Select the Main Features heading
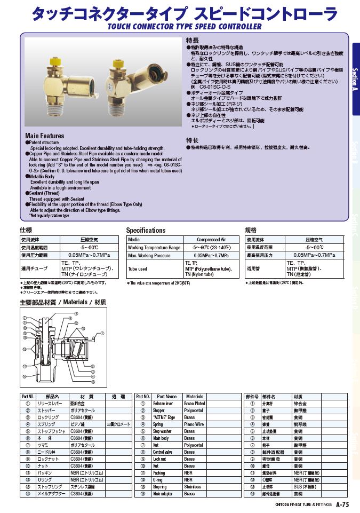coord(45,136)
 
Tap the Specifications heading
coord(146,231)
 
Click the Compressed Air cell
coord(211,240)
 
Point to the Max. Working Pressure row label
coord(149,255)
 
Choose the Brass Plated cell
coord(195,404)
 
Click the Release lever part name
coord(163,404)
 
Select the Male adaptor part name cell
coord(164,494)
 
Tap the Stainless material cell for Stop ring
coord(193,487)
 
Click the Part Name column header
coord(167,397)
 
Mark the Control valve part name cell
coord(163,452)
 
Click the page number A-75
coord(342,504)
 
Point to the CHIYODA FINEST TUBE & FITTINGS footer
coord(303,504)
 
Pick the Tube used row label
coord(138,269)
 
